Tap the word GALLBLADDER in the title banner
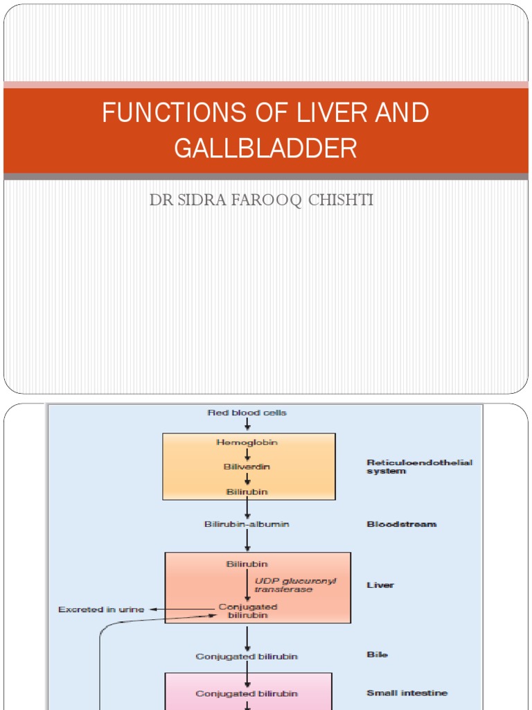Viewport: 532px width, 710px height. (x=265, y=148)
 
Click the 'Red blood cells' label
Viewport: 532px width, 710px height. (x=247, y=413)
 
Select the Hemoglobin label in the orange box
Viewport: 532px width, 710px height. (x=247, y=442)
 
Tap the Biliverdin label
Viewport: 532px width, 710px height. (x=247, y=467)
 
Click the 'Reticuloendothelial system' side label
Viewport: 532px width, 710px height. (x=419, y=467)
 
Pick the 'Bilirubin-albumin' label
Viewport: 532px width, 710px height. (x=247, y=524)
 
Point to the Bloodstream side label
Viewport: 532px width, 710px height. (x=402, y=524)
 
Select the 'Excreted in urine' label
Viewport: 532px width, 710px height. (x=101, y=609)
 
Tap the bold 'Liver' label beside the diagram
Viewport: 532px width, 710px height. (x=380, y=585)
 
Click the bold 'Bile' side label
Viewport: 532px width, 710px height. (x=378, y=655)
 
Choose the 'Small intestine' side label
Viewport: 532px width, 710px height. (x=407, y=693)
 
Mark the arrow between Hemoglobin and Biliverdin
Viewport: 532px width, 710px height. (x=247, y=454)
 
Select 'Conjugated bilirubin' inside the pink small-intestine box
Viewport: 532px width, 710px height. (x=247, y=693)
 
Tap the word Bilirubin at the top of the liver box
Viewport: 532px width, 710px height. (x=247, y=564)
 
